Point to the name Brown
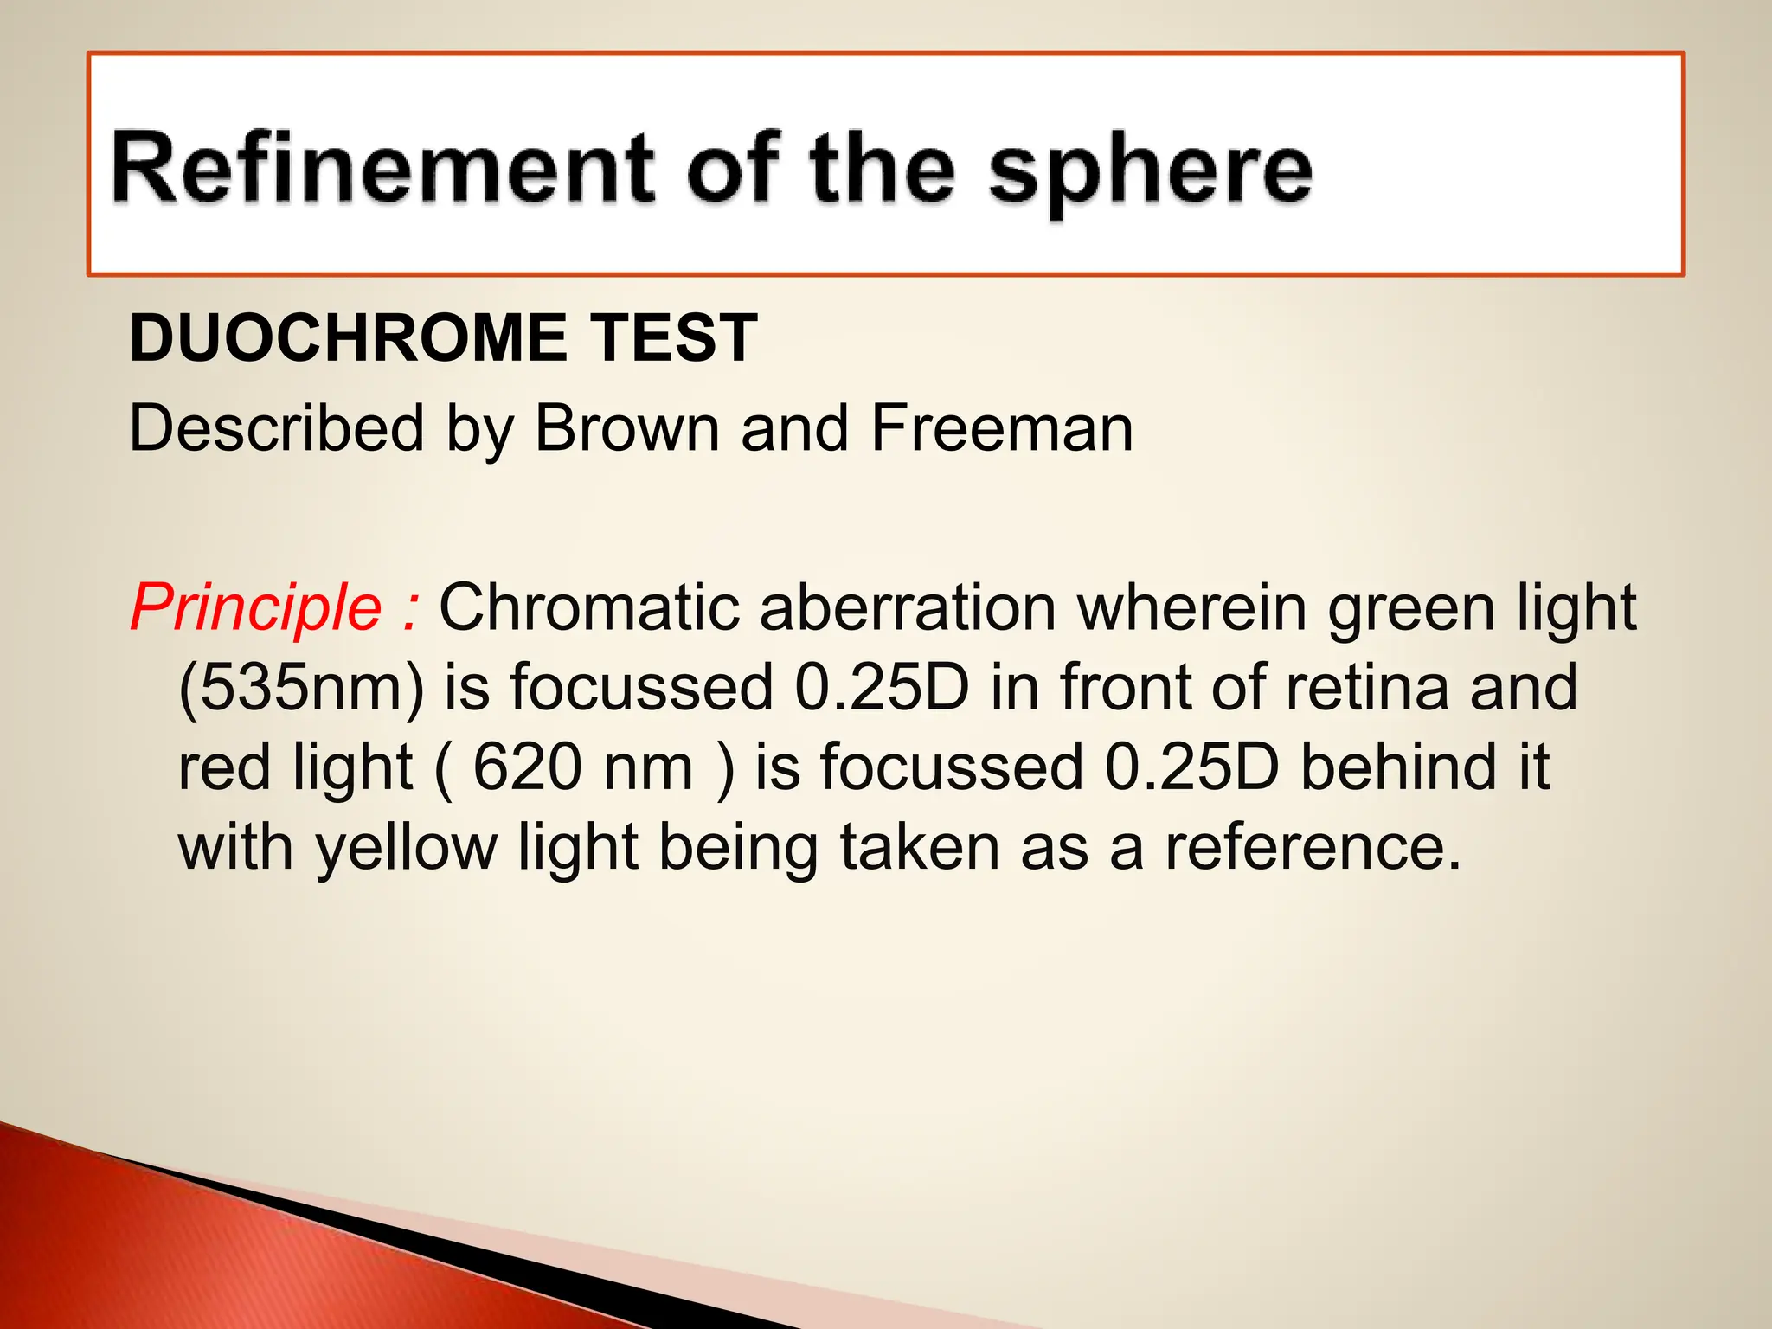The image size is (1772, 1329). (x=627, y=428)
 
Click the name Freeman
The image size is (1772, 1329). (x=1002, y=428)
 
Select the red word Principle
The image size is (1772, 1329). (x=256, y=607)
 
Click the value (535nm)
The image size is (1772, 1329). (x=301, y=688)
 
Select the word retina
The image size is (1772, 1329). (x=1367, y=688)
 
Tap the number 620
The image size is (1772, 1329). (x=527, y=767)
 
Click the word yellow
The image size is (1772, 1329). (x=407, y=848)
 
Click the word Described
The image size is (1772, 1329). (x=277, y=428)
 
